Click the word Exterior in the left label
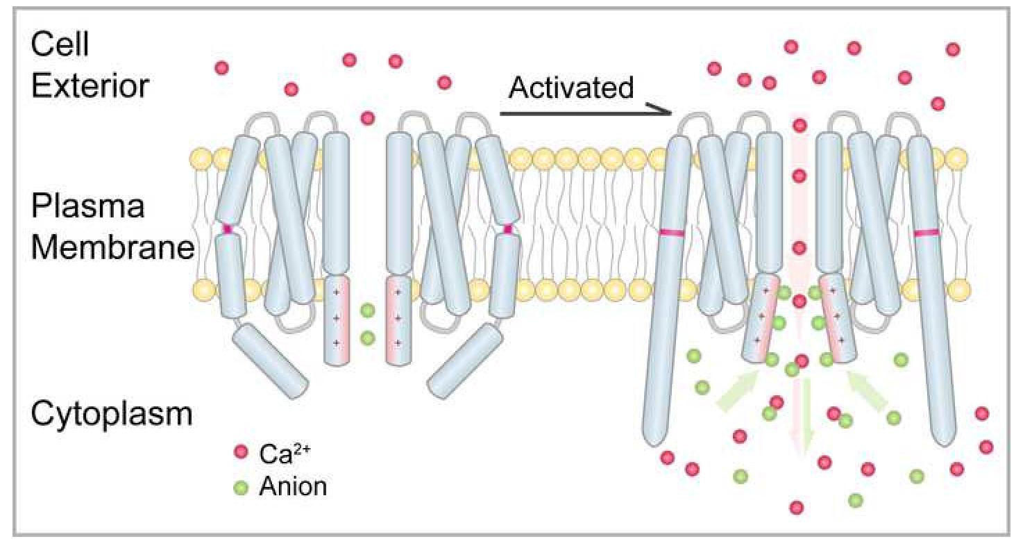pyautogui.click(x=91, y=87)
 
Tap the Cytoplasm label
pyautogui.click(x=111, y=415)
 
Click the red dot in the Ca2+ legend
pyautogui.click(x=241, y=452)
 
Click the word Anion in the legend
pyautogui.click(x=292, y=486)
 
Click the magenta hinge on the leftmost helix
pyautogui.click(x=227, y=229)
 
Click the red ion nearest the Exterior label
pyautogui.click(x=221, y=68)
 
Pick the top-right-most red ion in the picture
pyautogui.click(x=953, y=49)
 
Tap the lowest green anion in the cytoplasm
pyautogui.click(x=855, y=500)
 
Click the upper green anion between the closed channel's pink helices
pyautogui.click(x=368, y=310)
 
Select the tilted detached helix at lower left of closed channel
pyautogui.click(x=269, y=361)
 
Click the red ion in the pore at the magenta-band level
pyautogui.click(x=800, y=247)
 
